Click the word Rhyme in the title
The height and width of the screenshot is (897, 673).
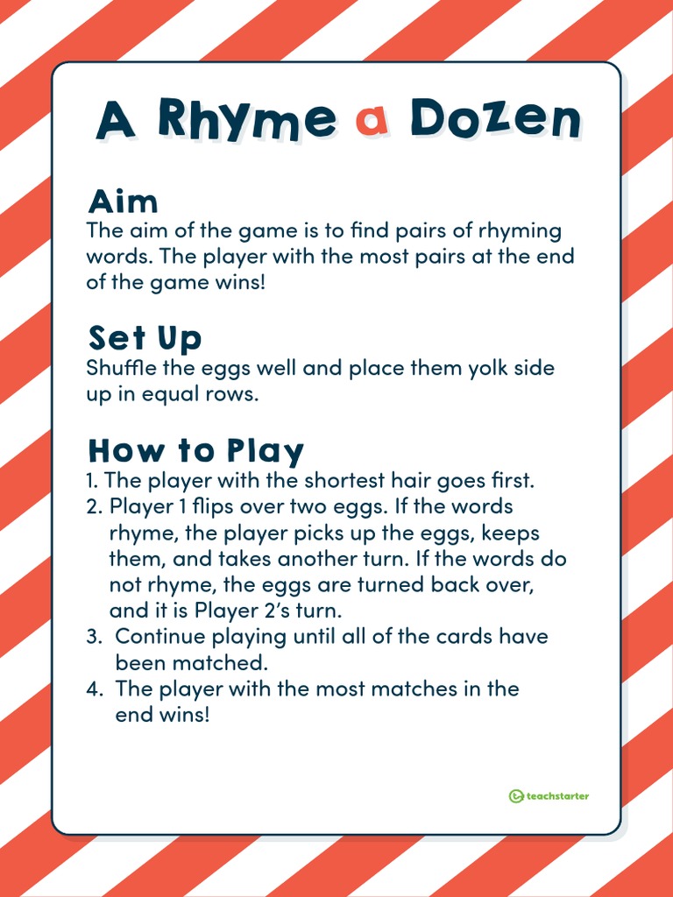[x=246, y=119]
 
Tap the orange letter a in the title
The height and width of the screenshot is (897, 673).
[x=372, y=121]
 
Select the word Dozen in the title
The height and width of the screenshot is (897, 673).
[x=495, y=118]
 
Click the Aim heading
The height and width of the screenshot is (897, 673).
[x=123, y=201]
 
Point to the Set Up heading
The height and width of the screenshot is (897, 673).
[x=145, y=337]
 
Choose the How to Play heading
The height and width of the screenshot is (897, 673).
[x=195, y=450]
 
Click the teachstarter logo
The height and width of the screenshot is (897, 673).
[x=549, y=796]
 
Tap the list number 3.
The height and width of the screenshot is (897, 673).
[x=93, y=636]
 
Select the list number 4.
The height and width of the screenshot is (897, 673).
[x=94, y=689]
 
